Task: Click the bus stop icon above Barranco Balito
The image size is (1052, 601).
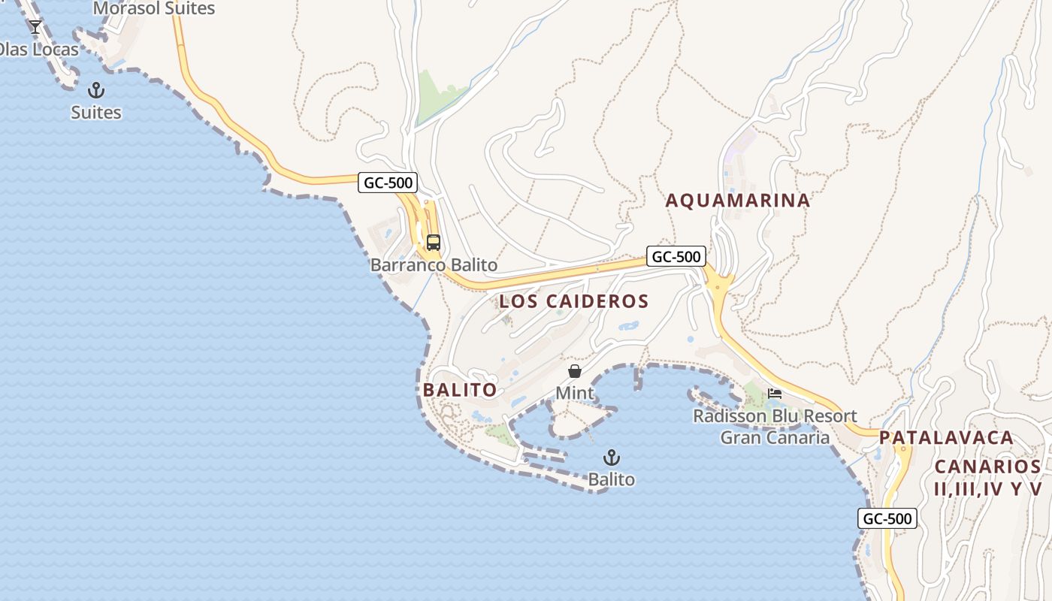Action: pyautogui.click(x=434, y=243)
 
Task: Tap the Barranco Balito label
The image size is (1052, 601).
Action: pyautogui.click(x=434, y=265)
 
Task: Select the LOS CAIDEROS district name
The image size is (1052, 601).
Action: pyautogui.click(x=573, y=301)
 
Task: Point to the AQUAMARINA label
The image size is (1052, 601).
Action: pyautogui.click(x=738, y=201)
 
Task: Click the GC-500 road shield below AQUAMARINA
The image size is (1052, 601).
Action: pyautogui.click(x=676, y=256)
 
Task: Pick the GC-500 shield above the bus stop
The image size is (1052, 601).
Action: pyautogui.click(x=388, y=182)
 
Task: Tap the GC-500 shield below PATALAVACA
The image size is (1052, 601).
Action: pyautogui.click(x=887, y=518)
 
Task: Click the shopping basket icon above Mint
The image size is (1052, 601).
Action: pyautogui.click(x=575, y=371)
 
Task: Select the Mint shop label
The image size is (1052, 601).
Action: pyautogui.click(x=575, y=393)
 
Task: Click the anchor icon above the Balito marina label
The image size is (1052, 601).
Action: pyautogui.click(x=612, y=458)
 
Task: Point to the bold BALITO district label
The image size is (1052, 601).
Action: pyautogui.click(x=460, y=390)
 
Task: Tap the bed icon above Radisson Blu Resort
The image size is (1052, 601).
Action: pyautogui.click(x=775, y=393)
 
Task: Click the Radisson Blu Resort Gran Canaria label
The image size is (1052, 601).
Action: pyautogui.click(x=775, y=427)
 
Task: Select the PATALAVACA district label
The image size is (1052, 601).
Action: pyautogui.click(x=947, y=438)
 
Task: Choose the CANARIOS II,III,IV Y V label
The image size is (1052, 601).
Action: pyautogui.click(x=988, y=477)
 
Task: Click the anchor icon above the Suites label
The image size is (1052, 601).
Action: pyautogui.click(x=96, y=91)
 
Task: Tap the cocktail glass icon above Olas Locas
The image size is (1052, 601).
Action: pyautogui.click(x=35, y=27)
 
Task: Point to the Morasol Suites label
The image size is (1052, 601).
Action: pyautogui.click(x=154, y=9)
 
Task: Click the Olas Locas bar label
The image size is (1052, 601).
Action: pyautogui.click(x=39, y=50)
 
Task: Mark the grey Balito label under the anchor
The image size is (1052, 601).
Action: pyautogui.click(x=612, y=479)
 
